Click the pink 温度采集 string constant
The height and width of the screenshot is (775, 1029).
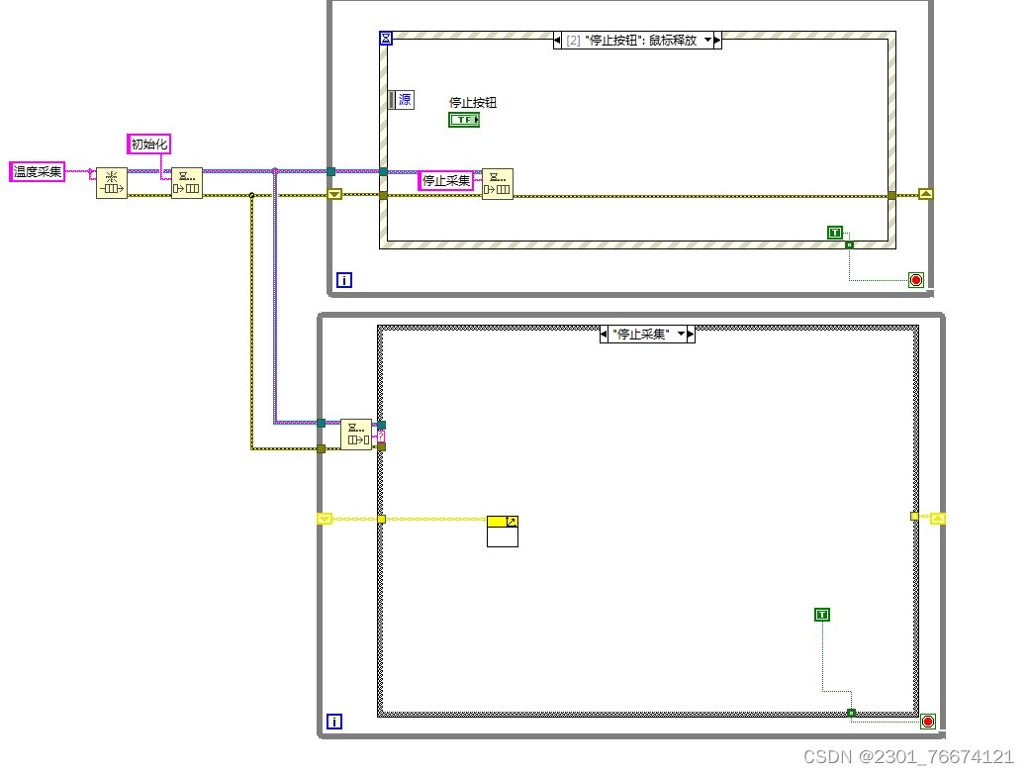(38, 172)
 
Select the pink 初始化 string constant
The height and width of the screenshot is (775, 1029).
(149, 144)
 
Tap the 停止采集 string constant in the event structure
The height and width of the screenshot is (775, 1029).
(445, 180)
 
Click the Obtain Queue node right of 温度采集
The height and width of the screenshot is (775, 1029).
(111, 183)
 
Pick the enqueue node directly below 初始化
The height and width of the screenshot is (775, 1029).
(186, 183)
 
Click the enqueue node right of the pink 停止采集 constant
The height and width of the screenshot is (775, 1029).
(497, 183)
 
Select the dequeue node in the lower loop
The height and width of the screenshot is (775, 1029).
(356, 435)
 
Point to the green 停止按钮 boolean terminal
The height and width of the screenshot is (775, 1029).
(464, 120)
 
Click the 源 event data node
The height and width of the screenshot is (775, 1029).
(402, 99)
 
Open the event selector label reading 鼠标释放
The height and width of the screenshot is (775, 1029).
(637, 41)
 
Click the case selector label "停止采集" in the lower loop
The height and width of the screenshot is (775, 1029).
(647, 335)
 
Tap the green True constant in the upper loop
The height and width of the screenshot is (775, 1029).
(835, 233)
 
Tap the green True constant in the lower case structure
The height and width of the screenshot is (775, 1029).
(821, 615)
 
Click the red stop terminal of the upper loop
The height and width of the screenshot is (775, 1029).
(916, 280)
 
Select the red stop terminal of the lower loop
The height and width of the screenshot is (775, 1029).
(928, 721)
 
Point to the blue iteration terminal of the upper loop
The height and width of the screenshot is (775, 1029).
(343, 280)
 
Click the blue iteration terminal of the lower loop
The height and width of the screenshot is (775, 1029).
(333, 722)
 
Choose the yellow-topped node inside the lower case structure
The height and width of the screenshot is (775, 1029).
(503, 531)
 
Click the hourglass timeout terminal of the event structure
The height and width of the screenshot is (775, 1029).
(386, 39)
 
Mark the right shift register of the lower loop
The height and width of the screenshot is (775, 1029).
(938, 519)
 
